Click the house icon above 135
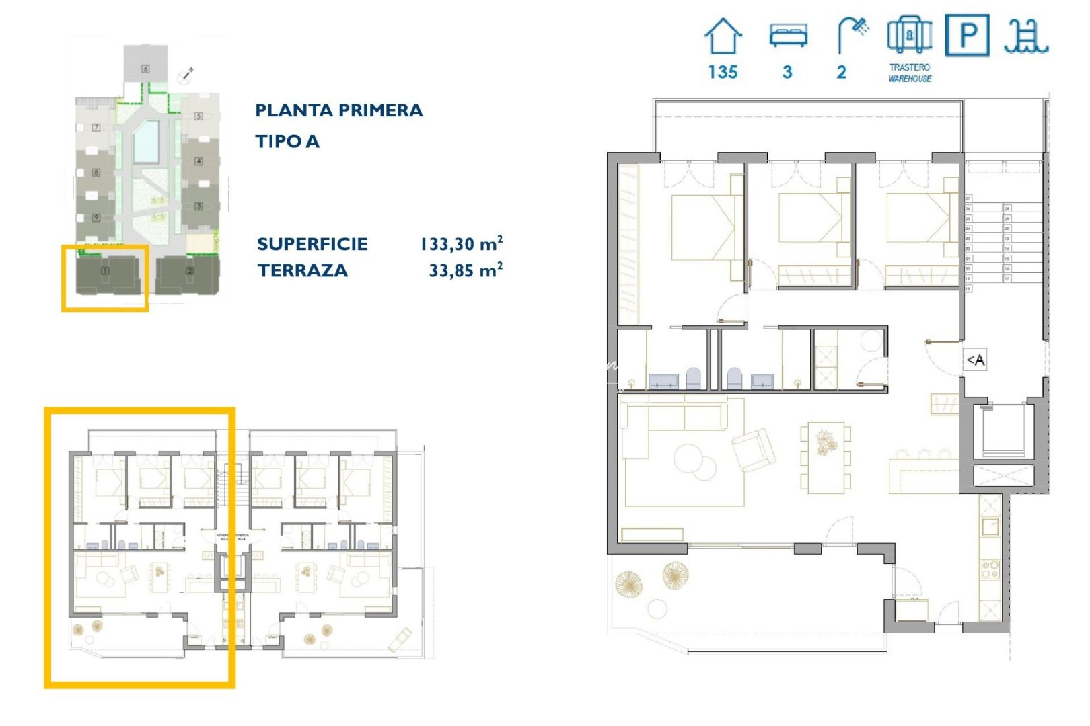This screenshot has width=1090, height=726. pyautogui.click(x=723, y=36)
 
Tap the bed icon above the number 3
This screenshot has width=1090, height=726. pyautogui.click(x=788, y=36)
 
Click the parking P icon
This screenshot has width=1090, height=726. pyautogui.click(x=967, y=35)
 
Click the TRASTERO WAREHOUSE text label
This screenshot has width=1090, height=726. pyautogui.click(x=910, y=73)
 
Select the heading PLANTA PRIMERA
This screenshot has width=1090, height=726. pyautogui.click(x=338, y=110)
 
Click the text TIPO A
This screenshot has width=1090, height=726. pyautogui.click(x=287, y=141)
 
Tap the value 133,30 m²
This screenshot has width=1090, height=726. pyautogui.click(x=462, y=243)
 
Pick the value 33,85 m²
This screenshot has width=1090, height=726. pyautogui.click(x=466, y=270)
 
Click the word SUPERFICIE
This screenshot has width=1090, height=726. pyautogui.click(x=312, y=244)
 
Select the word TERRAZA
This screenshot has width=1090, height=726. pyautogui.click(x=303, y=270)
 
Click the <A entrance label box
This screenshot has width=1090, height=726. pyautogui.click(x=975, y=360)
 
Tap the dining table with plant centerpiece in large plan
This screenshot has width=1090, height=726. pyautogui.click(x=826, y=450)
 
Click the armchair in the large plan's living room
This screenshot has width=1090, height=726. pyautogui.click(x=754, y=449)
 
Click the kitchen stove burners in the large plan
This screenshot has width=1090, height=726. pyautogui.click(x=990, y=570)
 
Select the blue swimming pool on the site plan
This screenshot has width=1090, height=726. pyautogui.click(x=146, y=141)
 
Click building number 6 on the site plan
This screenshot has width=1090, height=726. pyautogui.click(x=145, y=69)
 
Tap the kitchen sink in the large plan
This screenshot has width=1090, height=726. pyautogui.click(x=990, y=526)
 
